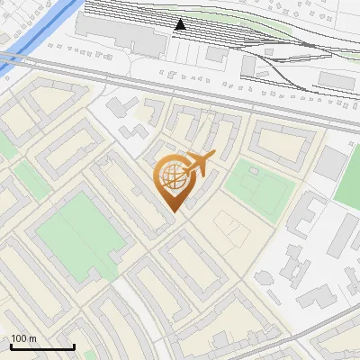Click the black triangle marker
pos(180,24)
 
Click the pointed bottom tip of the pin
pos(172,211)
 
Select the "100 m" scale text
pos(24,338)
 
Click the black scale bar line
pos(42,346)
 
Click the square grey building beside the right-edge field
pos(330,163)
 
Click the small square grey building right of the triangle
pos(216,53)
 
